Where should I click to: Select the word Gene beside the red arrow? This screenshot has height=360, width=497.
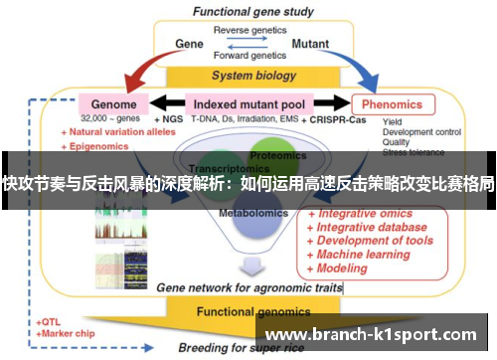(x=189, y=44)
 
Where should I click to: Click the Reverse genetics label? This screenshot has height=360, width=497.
(x=248, y=30)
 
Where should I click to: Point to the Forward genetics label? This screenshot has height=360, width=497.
(x=248, y=57)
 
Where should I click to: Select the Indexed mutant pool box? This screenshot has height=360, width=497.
(x=249, y=102)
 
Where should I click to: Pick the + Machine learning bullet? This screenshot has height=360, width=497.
(x=364, y=254)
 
